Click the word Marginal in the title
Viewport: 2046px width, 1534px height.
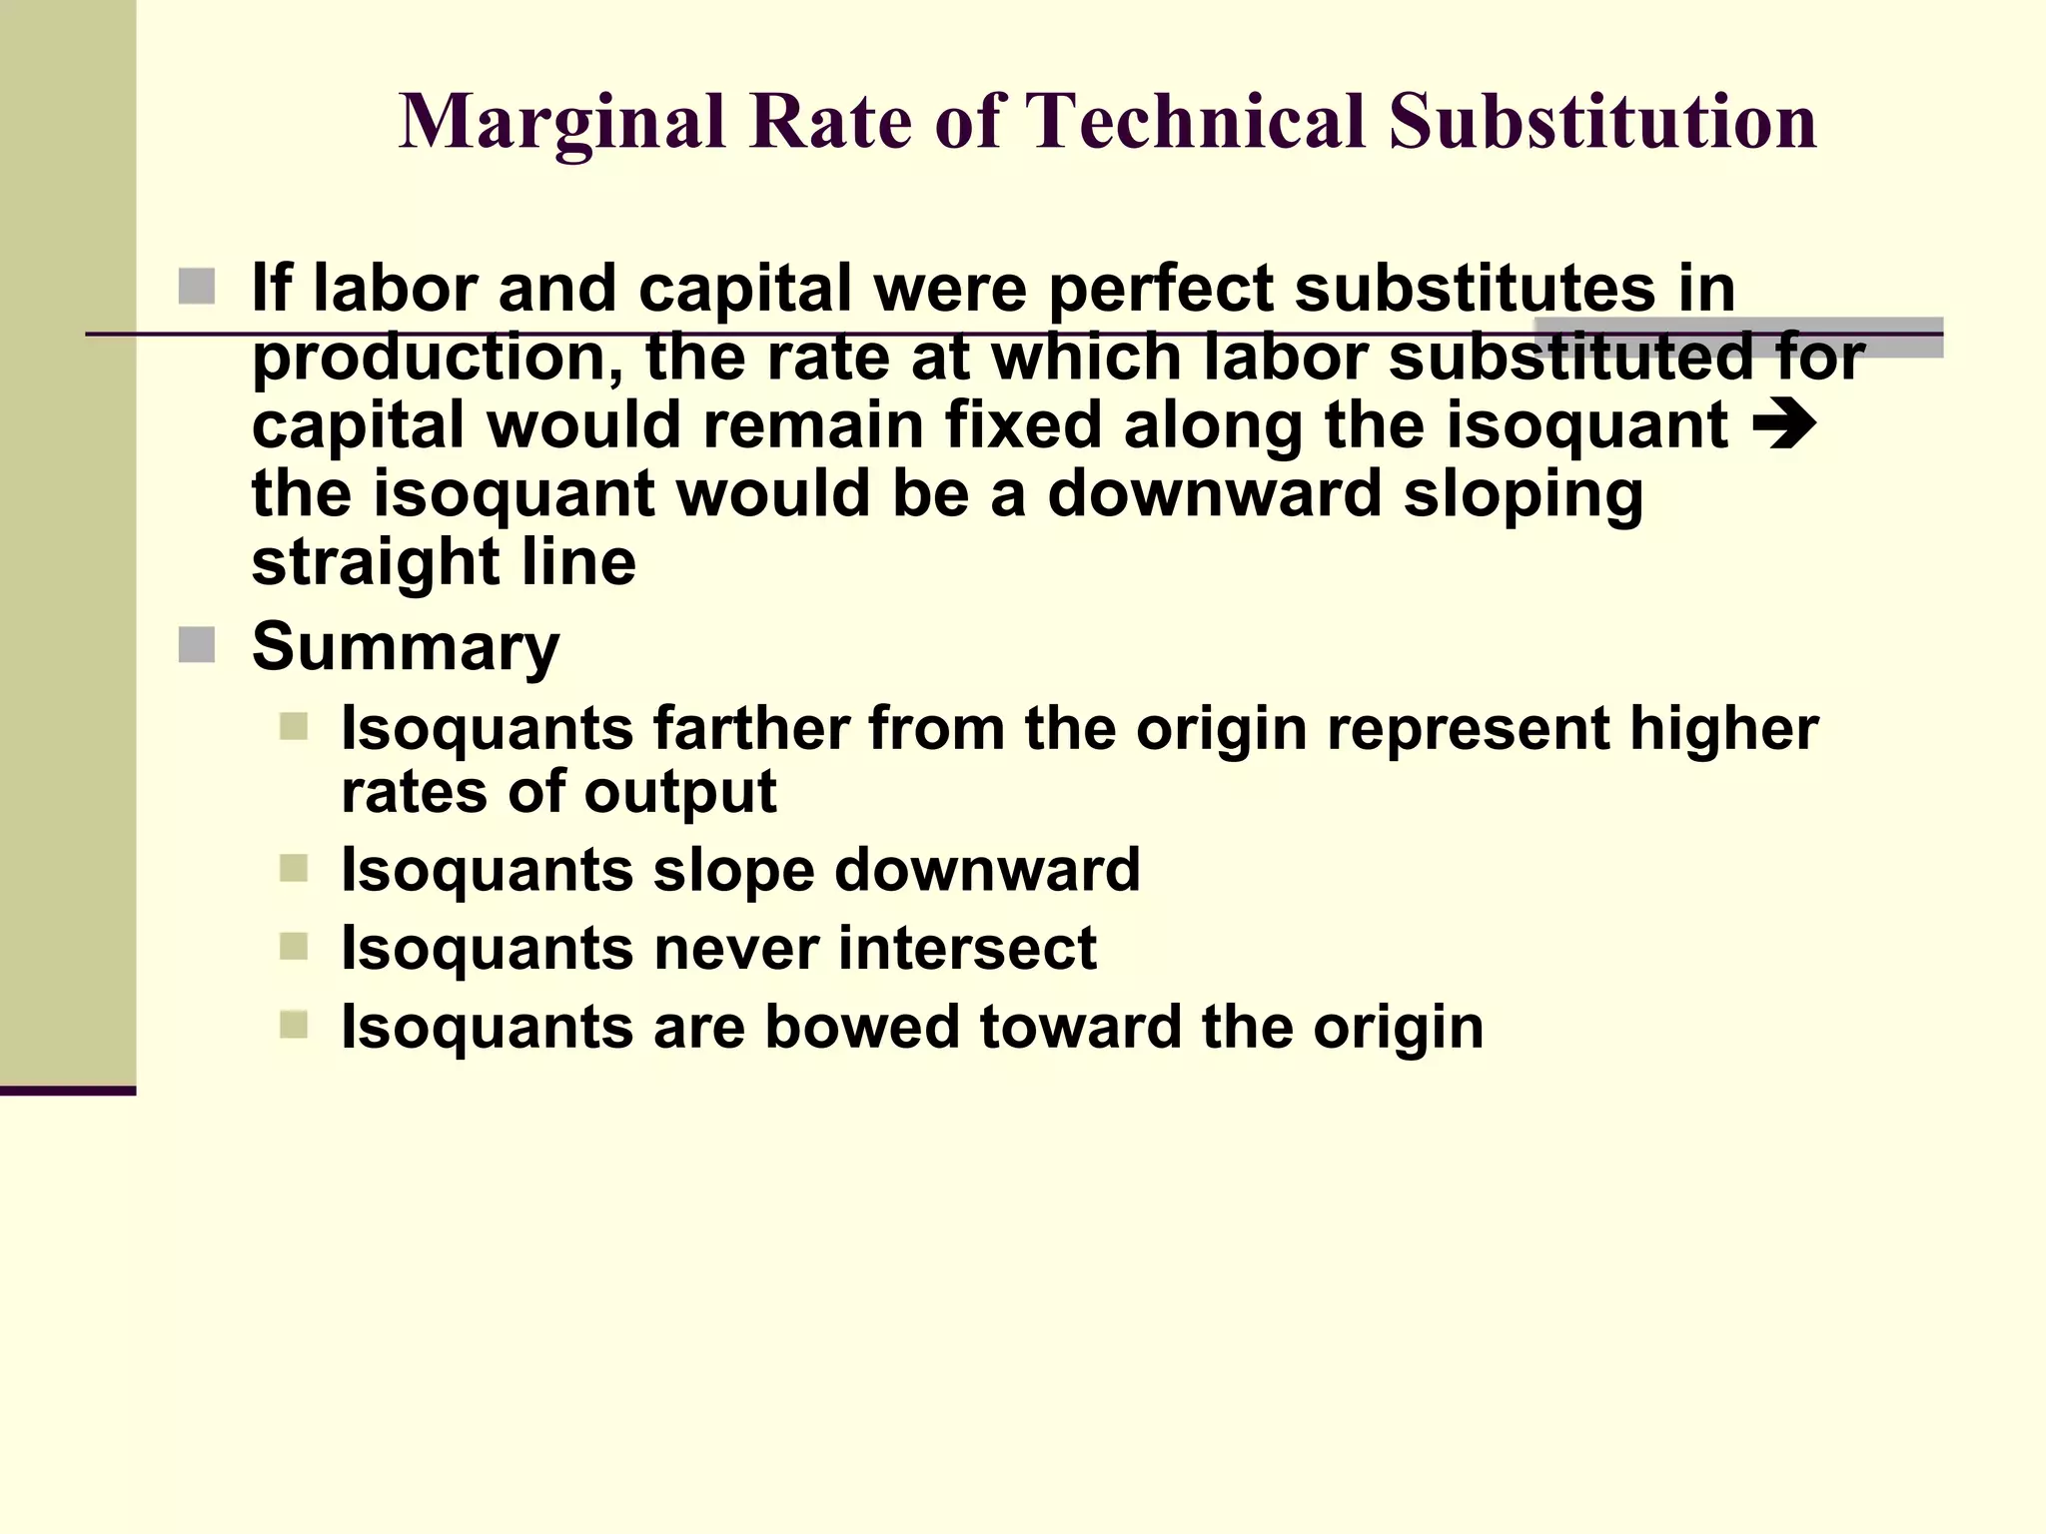(x=562, y=123)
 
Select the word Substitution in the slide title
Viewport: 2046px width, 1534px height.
(x=1602, y=121)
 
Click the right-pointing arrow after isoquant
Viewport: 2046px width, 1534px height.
(x=1784, y=424)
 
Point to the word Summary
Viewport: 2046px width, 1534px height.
(x=406, y=648)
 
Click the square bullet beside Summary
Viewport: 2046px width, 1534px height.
(x=197, y=645)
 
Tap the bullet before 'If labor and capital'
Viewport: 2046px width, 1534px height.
(x=197, y=287)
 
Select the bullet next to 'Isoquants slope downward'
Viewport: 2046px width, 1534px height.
(x=294, y=868)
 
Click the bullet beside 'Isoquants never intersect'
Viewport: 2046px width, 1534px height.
(x=294, y=946)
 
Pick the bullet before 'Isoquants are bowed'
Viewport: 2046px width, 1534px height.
(x=294, y=1025)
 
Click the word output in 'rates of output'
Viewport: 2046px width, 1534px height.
(x=680, y=792)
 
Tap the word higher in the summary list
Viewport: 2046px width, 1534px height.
(x=1723, y=728)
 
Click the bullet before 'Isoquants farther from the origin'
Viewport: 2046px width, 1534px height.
(x=294, y=726)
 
